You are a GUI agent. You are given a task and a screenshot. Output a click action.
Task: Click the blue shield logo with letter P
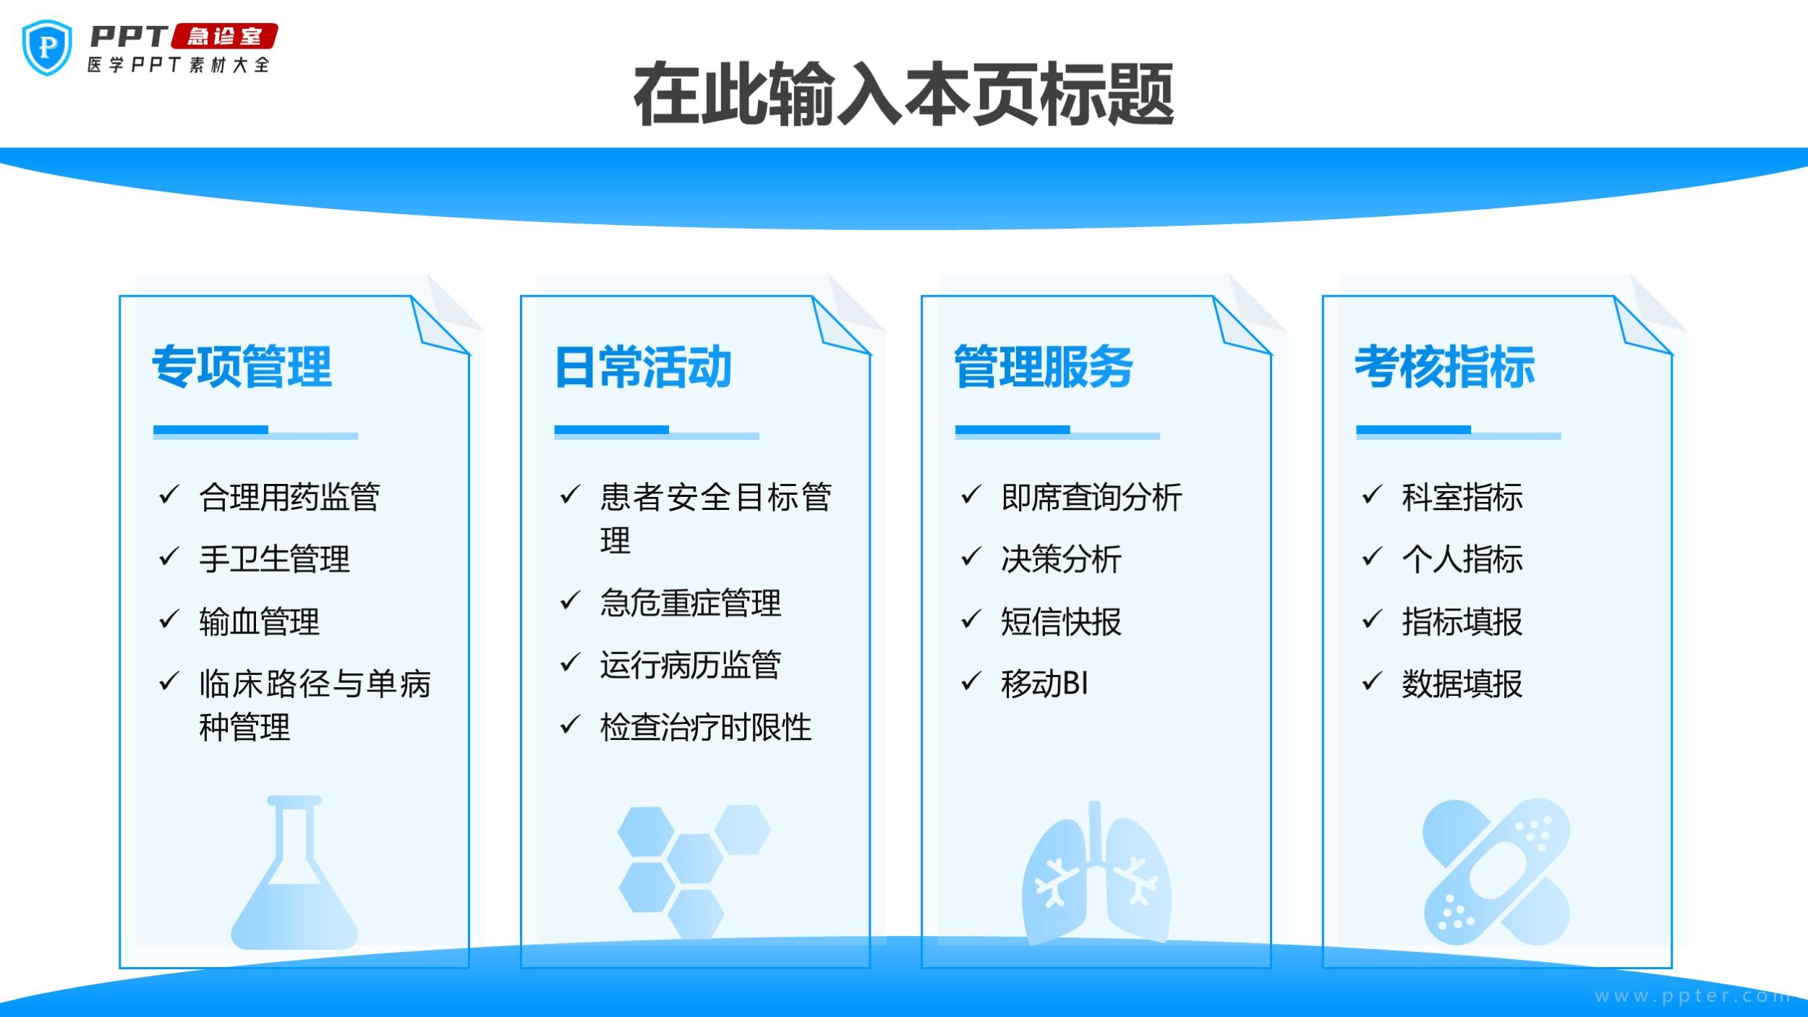47,48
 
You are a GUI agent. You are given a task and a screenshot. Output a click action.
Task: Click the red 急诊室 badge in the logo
224,36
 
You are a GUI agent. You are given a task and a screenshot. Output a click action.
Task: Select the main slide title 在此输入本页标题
903,94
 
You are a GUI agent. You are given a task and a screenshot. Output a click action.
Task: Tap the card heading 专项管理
242,367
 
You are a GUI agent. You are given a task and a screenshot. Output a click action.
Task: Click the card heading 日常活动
643,367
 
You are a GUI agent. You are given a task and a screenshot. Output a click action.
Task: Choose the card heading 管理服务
1044,367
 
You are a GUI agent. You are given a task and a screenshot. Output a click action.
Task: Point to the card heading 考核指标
1444,367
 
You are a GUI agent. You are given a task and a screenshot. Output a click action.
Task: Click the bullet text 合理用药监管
289,497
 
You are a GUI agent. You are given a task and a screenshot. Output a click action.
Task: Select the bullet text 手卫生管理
274,559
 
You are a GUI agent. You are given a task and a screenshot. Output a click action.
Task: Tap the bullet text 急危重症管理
691,603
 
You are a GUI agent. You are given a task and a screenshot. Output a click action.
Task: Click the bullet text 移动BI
1045,684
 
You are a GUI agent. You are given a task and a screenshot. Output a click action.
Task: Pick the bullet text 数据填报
1462,684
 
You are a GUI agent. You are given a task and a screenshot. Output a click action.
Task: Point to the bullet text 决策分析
1061,559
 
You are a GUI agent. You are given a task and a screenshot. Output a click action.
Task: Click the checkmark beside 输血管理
169,619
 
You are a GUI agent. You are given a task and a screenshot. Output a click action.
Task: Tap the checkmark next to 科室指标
1372,495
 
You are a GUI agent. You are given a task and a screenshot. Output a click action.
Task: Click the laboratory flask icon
294,872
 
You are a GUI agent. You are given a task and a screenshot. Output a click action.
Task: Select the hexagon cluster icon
694,872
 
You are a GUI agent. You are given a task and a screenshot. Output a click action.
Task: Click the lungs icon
1096,872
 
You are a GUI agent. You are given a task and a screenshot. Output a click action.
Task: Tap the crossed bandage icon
1497,872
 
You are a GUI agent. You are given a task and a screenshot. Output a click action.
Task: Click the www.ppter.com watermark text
1692,996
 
